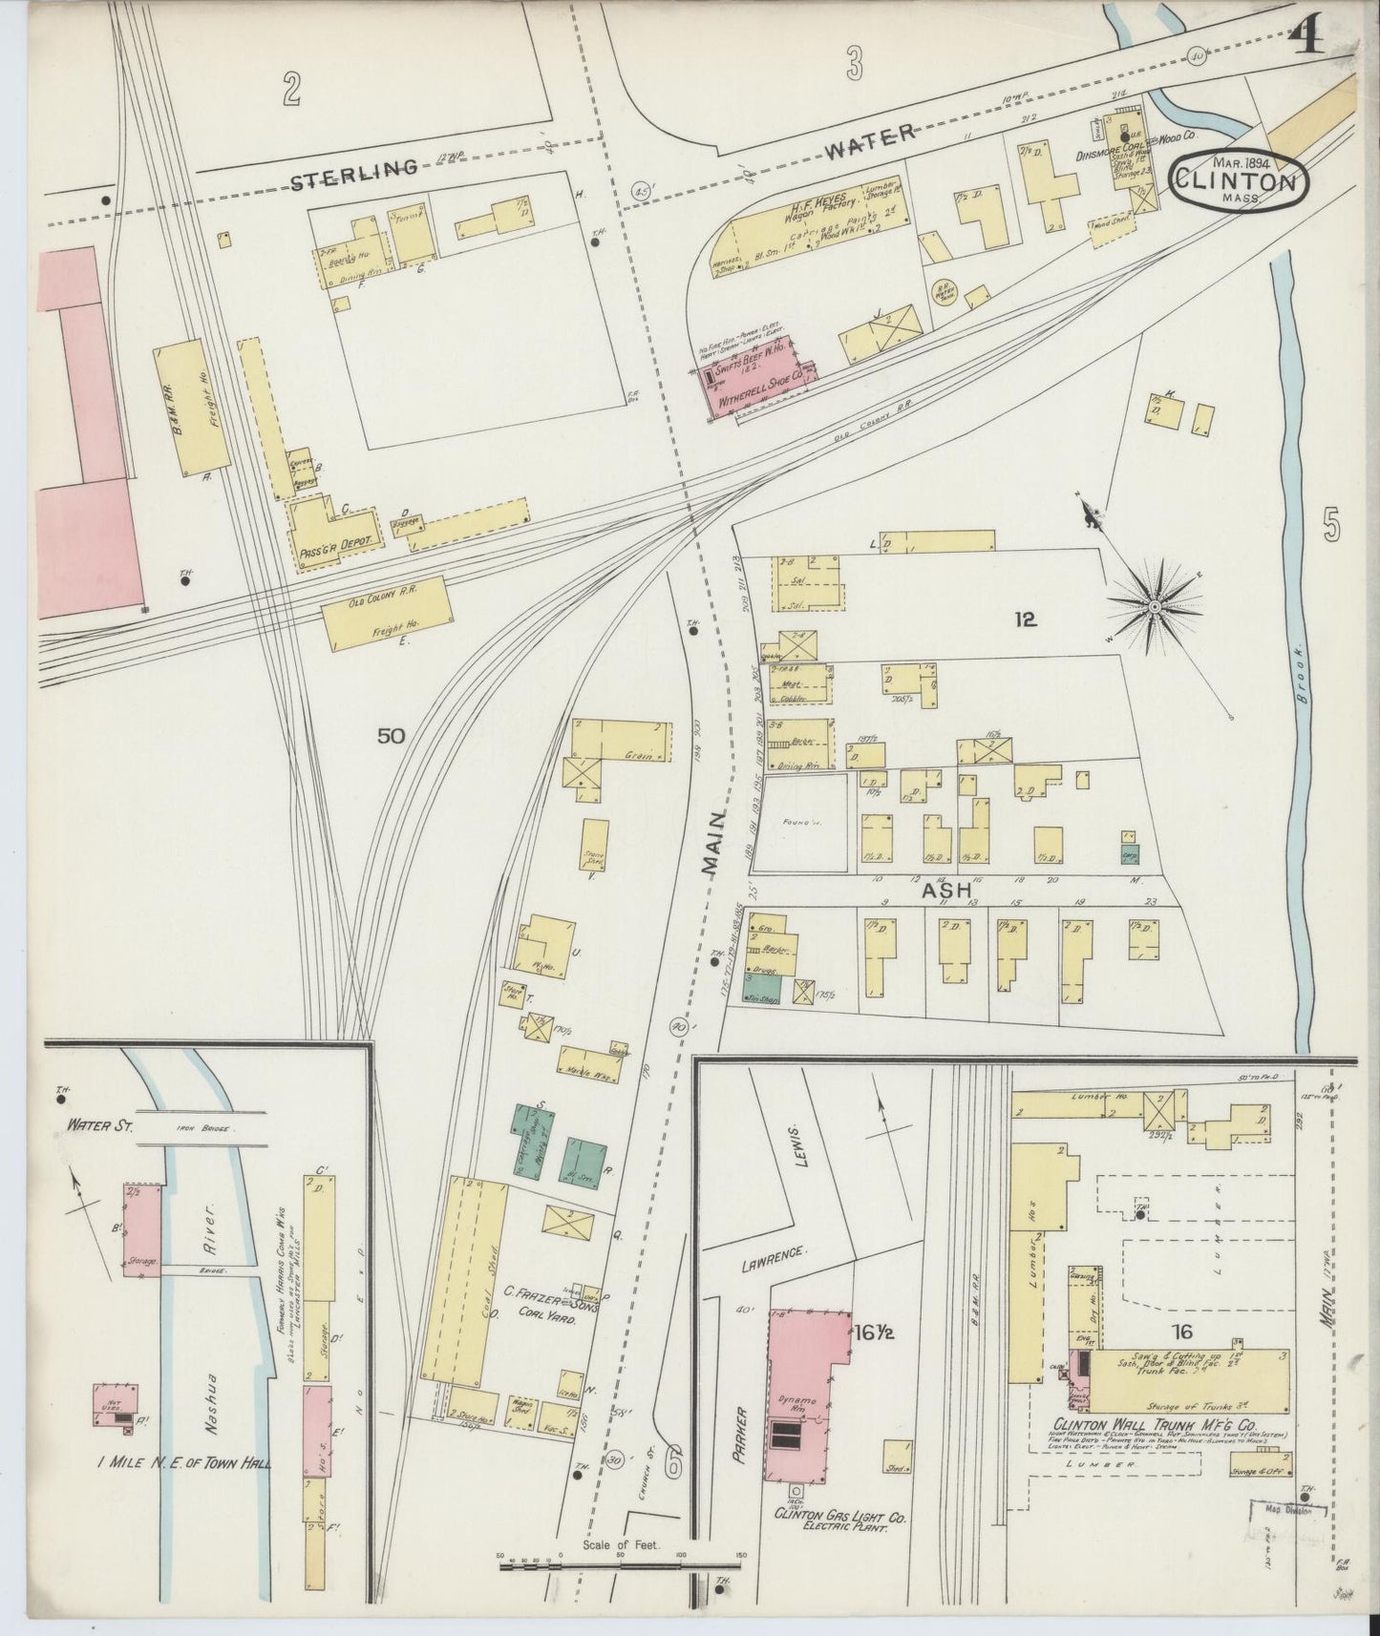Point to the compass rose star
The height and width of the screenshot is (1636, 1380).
pyautogui.click(x=1154, y=605)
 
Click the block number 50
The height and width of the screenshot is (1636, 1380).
pyautogui.click(x=391, y=736)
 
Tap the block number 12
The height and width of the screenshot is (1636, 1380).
pyautogui.click(x=1027, y=619)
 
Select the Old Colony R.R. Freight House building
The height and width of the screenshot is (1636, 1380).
pyautogui.click(x=386, y=614)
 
